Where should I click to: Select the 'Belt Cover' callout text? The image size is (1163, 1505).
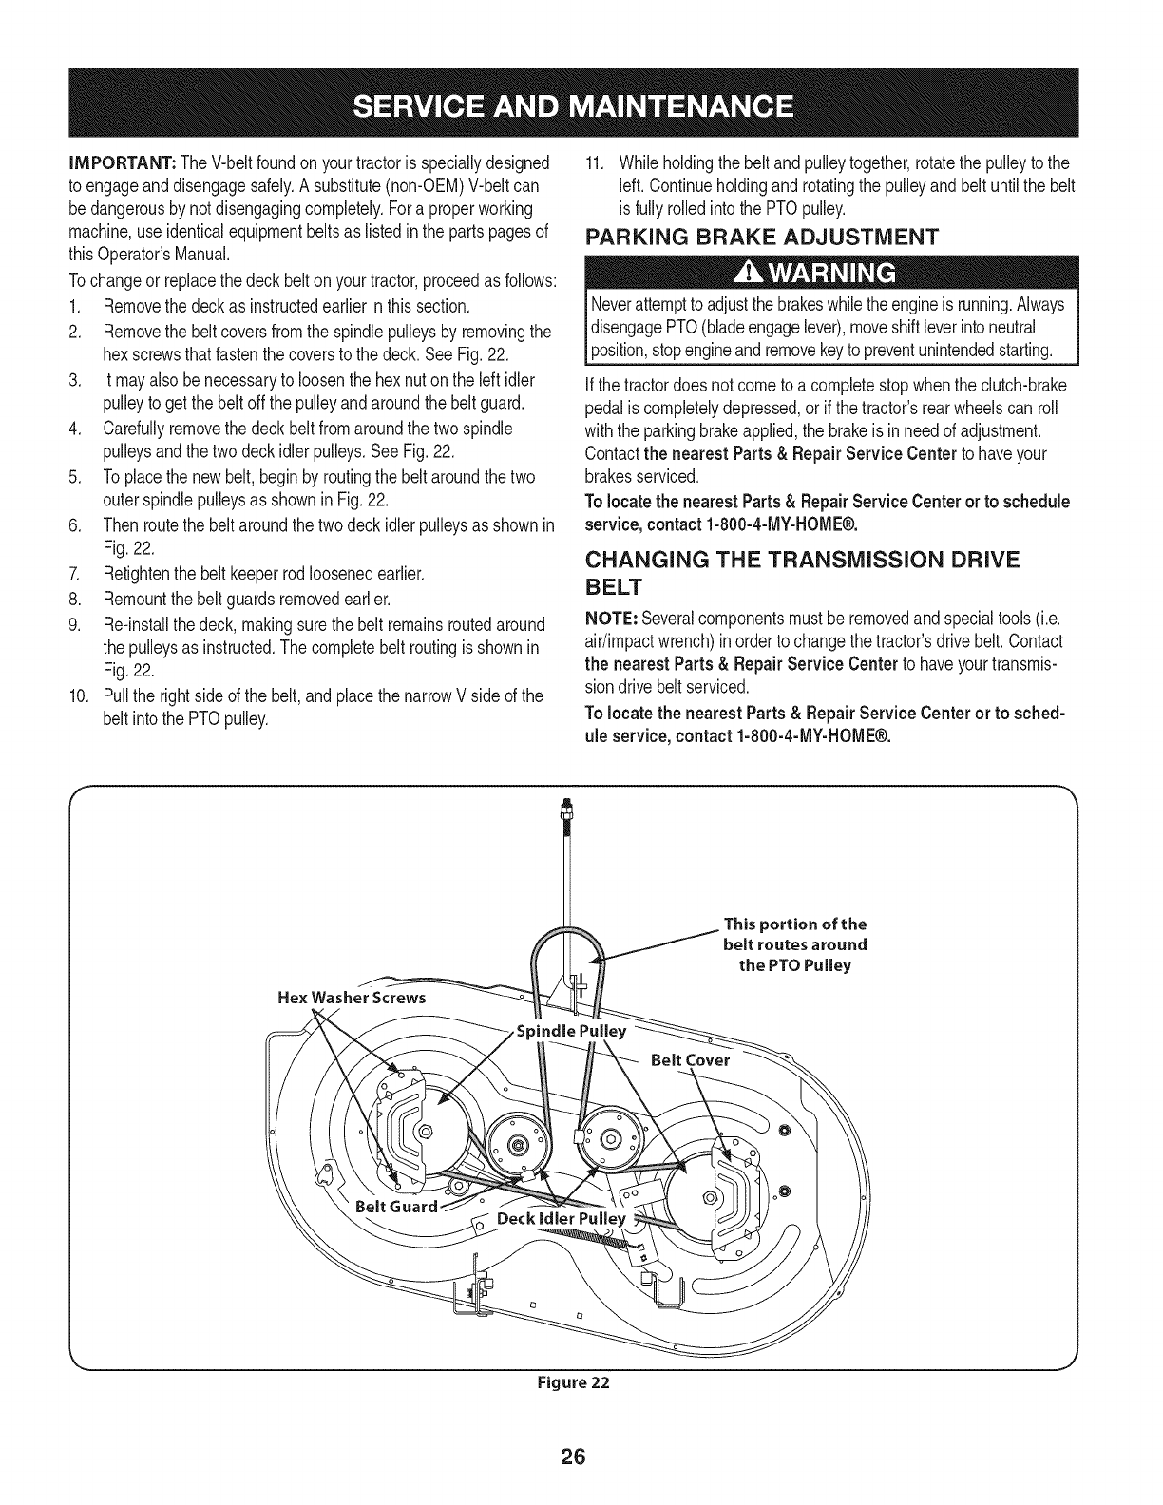[x=690, y=1059]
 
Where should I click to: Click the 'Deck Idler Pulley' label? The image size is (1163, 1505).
[x=562, y=1220]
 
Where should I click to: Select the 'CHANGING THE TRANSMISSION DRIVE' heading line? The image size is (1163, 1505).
[x=801, y=561]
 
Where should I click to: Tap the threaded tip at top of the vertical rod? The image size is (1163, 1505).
[x=567, y=808]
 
